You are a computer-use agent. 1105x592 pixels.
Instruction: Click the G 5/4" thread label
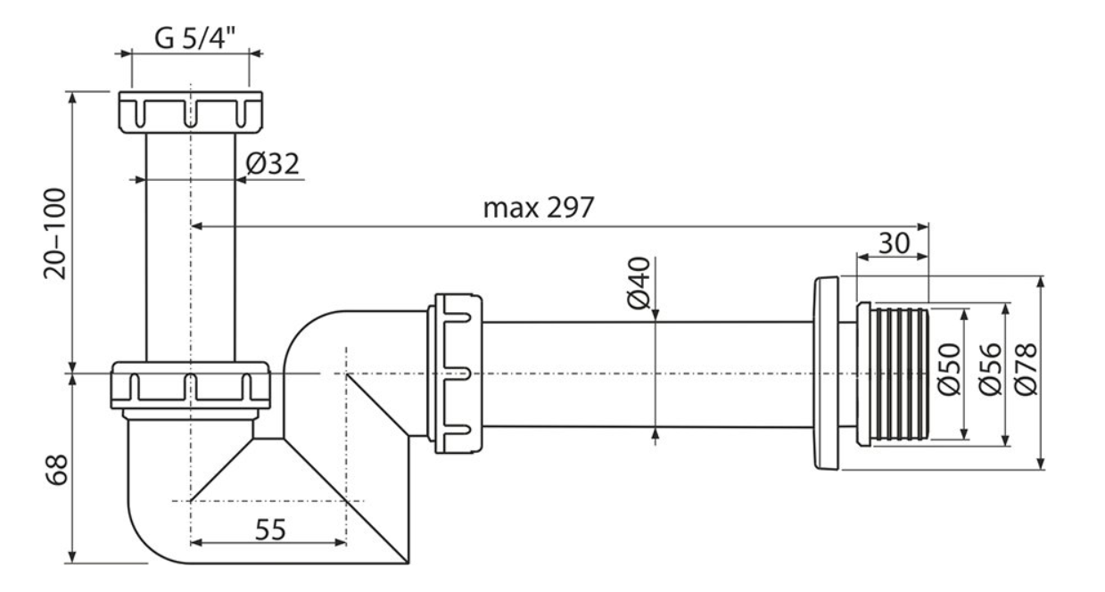[x=194, y=38]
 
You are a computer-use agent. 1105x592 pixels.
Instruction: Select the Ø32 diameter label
[x=273, y=164]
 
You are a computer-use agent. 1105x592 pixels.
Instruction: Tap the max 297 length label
[x=538, y=208]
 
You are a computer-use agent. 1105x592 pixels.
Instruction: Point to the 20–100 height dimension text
[x=54, y=234]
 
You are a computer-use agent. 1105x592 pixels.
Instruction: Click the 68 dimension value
[x=57, y=470]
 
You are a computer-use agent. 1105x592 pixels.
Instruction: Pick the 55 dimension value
[x=270, y=530]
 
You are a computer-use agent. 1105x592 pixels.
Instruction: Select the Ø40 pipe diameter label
[x=639, y=284]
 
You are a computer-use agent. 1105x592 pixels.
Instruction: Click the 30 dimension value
[x=894, y=243]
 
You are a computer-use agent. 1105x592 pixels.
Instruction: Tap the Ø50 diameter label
[x=950, y=369]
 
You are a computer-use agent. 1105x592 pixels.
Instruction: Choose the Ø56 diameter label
[x=991, y=369]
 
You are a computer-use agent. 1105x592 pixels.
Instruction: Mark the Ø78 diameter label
[x=1026, y=369]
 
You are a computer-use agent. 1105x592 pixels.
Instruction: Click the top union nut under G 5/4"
[x=191, y=112]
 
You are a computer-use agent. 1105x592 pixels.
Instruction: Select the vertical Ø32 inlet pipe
[x=191, y=247]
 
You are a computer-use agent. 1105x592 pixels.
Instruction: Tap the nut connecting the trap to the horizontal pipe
[x=455, y=374]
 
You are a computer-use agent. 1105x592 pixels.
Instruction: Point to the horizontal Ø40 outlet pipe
[x=647, y=374]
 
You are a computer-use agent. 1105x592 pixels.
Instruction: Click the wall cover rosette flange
[x=825, y=374]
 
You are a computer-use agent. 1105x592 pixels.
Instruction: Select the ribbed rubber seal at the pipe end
[x=893, y=374]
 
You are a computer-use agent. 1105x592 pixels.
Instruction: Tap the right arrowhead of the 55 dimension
[x=341, y=543]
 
